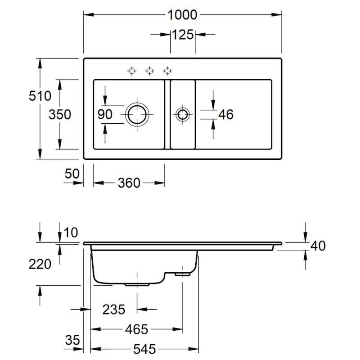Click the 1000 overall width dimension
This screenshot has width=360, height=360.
point(182,15)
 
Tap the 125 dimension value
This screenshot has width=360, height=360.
point(182,34)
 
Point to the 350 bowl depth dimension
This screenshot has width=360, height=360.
point(60,114)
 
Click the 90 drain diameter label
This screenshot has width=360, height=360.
point(105,114)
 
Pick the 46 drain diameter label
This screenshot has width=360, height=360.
point(225,114)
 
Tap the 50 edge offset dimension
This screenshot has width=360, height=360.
point(72,173)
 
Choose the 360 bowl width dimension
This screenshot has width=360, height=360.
point(129,183)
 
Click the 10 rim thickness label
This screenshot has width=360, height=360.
point(71,232)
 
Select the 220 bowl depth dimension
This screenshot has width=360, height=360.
point(40,263)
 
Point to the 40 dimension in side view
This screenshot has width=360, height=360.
point(318,246)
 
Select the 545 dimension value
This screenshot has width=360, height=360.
point(144,349)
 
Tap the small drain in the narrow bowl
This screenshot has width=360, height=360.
point(182,114)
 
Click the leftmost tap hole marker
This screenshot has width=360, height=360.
point(131,71)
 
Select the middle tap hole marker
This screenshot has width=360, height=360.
point(149,71)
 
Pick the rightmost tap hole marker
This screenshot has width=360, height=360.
point(167,71)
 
